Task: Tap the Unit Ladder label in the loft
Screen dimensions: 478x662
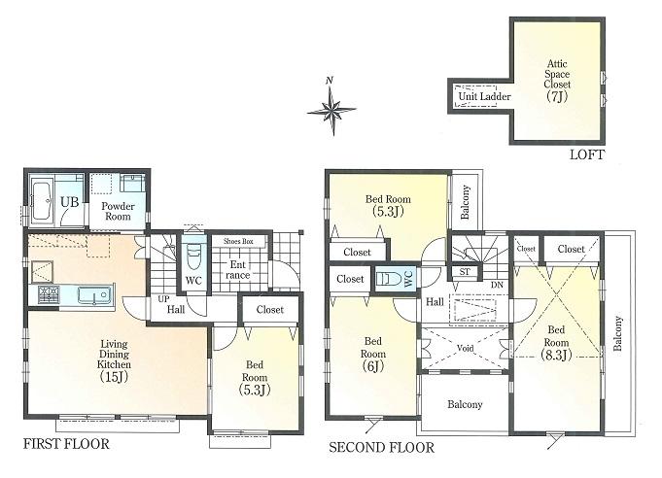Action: (484, 96)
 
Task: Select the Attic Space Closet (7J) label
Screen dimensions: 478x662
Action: (557, 84)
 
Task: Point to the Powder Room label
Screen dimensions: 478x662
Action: (118, 210)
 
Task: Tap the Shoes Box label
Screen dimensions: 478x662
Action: (237, 241)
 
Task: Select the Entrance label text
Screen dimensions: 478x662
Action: (237, 269)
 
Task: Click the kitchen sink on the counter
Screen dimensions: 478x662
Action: (98, 295)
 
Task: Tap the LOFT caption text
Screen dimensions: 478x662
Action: (587, 154)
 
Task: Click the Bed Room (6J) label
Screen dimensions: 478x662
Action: (373, 356)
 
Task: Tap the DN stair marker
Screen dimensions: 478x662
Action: (497, 285)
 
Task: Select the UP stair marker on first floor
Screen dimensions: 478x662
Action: (162, 299)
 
